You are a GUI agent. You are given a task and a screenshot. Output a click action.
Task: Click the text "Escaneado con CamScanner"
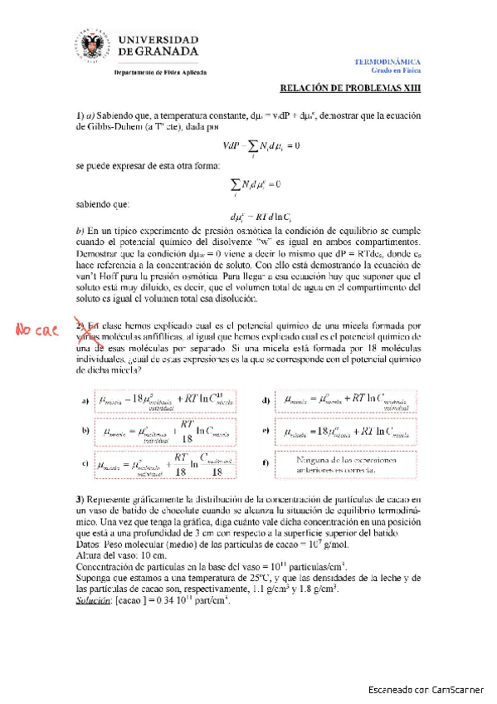point(429,689)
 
